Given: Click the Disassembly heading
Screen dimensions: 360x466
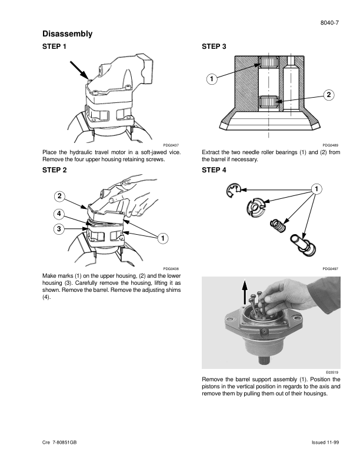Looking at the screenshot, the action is (68, 34).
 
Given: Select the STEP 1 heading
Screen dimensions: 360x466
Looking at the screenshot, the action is (54, 46).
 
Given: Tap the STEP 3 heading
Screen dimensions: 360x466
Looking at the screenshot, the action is (214, 46).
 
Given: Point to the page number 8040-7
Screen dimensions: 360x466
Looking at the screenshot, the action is (329, 23).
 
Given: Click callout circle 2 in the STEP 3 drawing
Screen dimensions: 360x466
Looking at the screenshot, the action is (328, 95).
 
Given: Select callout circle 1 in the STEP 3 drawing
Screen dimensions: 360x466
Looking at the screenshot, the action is (212, 79).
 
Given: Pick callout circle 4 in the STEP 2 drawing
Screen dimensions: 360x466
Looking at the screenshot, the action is (59, 214).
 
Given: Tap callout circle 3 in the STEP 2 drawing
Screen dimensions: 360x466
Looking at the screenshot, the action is (59, 229).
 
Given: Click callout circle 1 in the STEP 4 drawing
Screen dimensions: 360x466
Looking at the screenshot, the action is (316, 189).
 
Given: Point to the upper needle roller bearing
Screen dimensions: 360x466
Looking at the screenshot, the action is (268, 62).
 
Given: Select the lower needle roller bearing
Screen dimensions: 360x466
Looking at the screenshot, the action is (268, 102).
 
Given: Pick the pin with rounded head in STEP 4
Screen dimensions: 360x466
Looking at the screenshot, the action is (303, 245).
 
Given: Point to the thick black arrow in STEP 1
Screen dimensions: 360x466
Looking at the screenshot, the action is (79, 71).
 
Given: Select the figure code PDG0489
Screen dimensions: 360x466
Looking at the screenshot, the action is (331, 145).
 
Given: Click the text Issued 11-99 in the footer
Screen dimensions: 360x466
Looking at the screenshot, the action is (325, 442).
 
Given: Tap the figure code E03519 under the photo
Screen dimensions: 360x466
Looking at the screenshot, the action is (332, 372).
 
